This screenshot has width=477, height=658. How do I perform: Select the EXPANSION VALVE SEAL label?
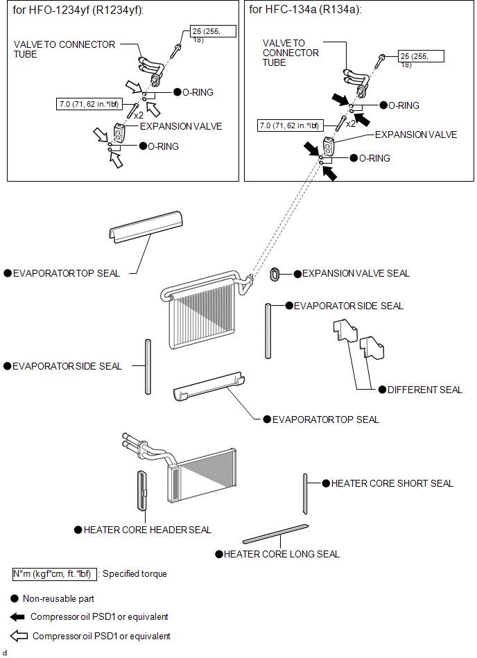click(356, 274)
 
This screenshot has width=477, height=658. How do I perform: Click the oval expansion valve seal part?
click(275, 274)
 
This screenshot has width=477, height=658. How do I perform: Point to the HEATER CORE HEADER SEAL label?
click(147, 530)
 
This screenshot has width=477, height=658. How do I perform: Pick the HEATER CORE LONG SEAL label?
click(281, 554)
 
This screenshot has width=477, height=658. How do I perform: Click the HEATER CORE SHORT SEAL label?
click(392, 483)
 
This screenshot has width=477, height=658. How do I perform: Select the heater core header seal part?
click(142, 490)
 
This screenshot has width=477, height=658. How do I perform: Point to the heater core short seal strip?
click(305, 494)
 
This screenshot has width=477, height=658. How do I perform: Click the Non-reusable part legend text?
click(58, 598)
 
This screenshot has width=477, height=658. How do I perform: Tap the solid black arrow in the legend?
click(17, 616)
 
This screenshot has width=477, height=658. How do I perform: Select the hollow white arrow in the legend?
click(19, 635)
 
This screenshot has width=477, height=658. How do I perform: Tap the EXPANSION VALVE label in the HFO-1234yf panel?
click(181, 126)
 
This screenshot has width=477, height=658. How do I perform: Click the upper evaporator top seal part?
click(145, 227)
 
